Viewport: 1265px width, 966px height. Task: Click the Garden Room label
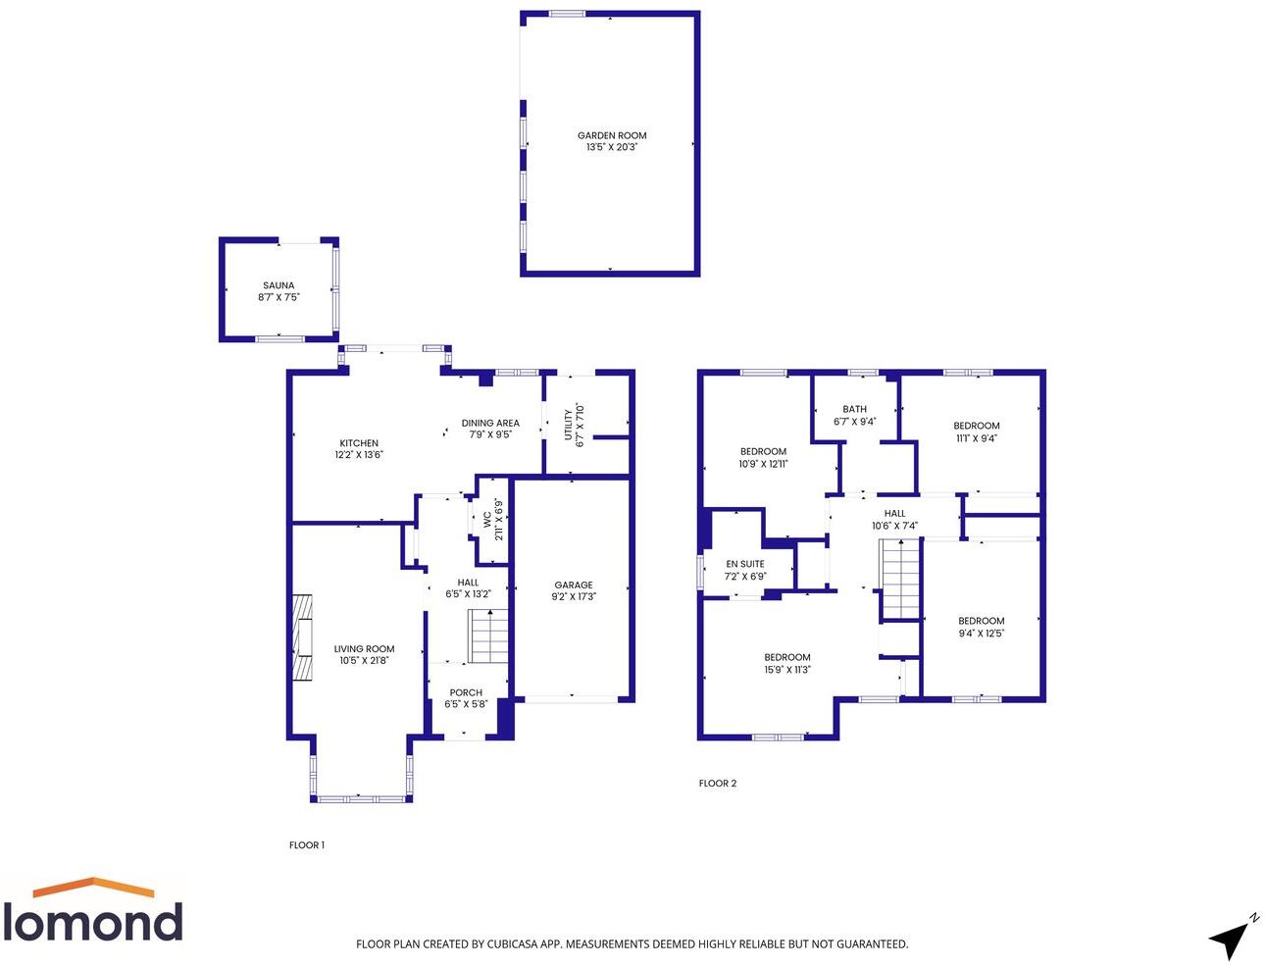tap(612, 136)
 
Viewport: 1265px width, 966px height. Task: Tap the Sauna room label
tap(278, 286)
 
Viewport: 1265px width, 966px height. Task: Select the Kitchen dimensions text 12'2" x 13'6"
tap(359, 455)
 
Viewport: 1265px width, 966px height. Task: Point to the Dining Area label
tap(490, 424)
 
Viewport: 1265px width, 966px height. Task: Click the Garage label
tap(574, 585)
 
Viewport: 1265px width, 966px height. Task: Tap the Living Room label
tap(364, 649)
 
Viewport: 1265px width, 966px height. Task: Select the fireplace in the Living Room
tap(302, 637)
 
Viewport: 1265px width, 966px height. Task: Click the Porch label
tap(466, 692)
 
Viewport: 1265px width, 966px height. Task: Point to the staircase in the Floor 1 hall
tap(487, 636)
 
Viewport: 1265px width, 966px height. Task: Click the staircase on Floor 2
tap(900, 582)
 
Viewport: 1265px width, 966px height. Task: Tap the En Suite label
tap(745, 564)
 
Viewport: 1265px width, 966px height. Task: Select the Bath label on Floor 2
tap(855, 410)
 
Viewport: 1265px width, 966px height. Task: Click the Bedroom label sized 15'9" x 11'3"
tap(787, 658)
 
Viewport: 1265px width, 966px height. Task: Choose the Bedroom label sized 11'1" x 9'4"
tap(977, 427)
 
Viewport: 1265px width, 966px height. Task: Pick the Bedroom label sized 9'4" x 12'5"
tap(982, 621)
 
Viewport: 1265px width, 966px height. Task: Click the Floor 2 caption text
tap(718, 784)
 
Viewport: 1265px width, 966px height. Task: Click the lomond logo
tap(93, 911)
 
